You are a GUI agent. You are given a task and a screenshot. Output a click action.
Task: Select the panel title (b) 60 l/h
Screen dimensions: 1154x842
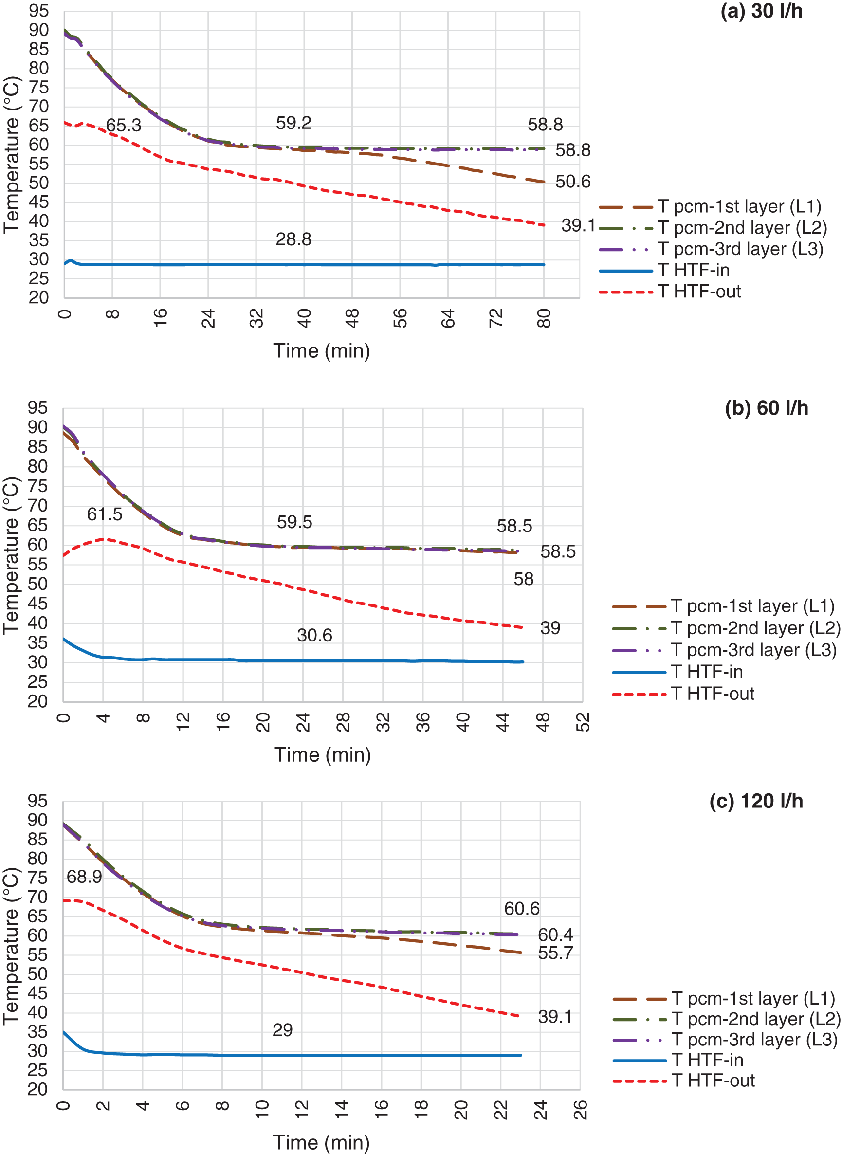click(766, 408)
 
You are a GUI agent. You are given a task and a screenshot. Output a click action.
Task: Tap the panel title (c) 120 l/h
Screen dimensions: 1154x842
click(756, 801)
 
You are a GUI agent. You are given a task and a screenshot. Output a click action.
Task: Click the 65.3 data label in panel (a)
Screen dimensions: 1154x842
click(123, 126)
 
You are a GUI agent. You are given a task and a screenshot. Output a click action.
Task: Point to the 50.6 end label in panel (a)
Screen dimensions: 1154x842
click(572, 182)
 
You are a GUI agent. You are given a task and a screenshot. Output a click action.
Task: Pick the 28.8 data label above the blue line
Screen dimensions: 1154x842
click(293, 239)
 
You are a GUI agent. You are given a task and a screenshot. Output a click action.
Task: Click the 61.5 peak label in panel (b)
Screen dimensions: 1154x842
click(105, 515)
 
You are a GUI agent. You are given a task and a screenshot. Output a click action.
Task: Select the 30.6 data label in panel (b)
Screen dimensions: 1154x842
click(314, 636)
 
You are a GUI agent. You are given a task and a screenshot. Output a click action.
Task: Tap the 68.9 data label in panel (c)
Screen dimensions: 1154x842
click(84, 877)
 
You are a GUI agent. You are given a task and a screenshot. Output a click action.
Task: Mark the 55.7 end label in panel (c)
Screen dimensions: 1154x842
click(555, 953)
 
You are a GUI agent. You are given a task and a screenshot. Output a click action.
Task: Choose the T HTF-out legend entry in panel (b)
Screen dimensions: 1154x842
click(713, 694)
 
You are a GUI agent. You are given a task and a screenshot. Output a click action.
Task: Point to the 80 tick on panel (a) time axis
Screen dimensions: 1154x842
click(544, 319)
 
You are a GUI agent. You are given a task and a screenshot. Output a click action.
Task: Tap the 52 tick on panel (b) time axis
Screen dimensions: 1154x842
click(583, 722)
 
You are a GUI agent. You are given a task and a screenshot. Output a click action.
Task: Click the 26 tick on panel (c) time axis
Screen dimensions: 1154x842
click(580, 1110)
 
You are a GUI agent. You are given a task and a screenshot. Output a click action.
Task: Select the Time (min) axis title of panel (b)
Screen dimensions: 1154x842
click(323, 755)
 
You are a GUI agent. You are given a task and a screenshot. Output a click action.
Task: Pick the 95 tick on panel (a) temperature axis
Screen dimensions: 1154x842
click(39, 11)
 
